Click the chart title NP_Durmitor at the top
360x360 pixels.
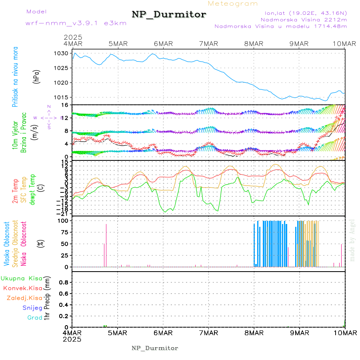coord(169,15)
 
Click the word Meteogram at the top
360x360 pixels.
coord(233,4)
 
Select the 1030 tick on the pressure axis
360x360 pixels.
coord(64,53)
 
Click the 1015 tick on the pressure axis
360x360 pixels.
coord(64,98)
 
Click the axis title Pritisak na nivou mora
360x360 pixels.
coord(15,76)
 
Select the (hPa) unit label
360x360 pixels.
coord(36,76)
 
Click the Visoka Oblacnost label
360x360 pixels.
coord(7,244)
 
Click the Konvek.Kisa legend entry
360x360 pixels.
coord(23,288)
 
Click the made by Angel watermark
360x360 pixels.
coord(352,240)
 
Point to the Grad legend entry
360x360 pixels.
coord(35,318)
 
